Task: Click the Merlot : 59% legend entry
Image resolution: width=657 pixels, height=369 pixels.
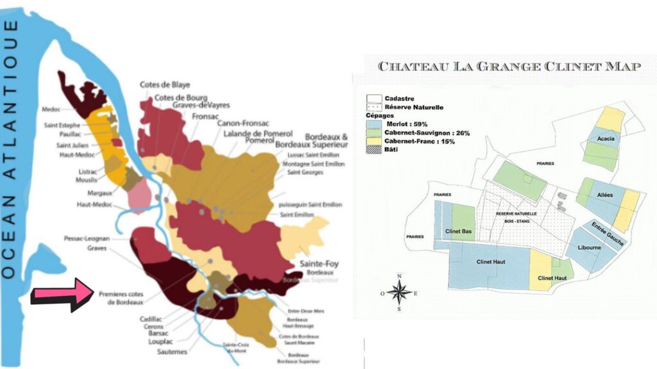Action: [404, 124]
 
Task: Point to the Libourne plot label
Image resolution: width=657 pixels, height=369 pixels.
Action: [590, 247]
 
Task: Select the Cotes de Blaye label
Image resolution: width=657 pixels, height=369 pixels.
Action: [165, 85]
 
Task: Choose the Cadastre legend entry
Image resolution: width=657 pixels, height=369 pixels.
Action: [398, 98]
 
